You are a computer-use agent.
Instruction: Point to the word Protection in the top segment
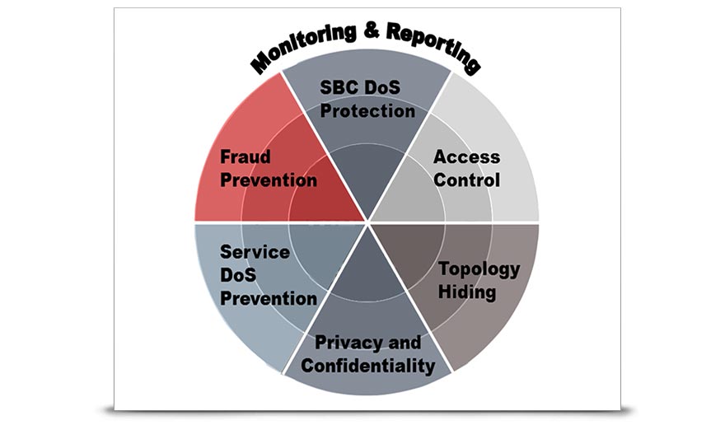(367, 110)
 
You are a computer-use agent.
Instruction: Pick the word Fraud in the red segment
(245, 156)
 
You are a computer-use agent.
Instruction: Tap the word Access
(466, 156)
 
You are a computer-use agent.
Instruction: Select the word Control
(466, 179)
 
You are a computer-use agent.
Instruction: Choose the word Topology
(479, 269)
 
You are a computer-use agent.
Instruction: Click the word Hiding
(467, 292)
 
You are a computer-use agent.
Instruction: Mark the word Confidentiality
(367, 365)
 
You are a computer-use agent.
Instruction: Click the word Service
(255, 252)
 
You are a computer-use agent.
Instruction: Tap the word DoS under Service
(239, 275)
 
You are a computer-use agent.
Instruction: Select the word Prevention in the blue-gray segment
(269, 298)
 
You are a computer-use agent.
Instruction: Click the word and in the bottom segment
(403, 343)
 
